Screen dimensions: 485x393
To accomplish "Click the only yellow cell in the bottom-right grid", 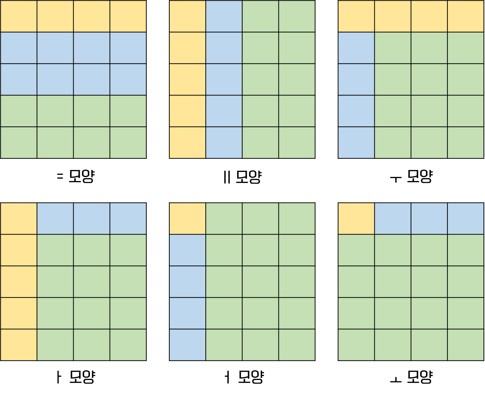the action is (356, 219).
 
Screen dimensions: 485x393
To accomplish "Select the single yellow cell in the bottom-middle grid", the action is (188, 219).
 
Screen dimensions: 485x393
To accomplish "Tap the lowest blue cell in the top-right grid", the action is (356, 142).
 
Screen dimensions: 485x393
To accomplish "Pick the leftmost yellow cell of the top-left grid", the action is (19, 16).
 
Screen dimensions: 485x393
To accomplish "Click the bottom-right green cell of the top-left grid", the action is (128, 142).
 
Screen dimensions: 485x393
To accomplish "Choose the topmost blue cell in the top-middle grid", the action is (224, 16).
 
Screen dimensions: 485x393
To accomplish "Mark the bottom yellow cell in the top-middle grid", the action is (188, 142).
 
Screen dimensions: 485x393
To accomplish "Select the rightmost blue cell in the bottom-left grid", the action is (128, 219).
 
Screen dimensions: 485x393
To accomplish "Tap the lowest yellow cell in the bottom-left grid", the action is (19, 345).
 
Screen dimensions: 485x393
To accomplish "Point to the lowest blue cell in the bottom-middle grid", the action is (188, 345).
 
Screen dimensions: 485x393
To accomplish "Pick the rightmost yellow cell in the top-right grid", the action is (466, 16).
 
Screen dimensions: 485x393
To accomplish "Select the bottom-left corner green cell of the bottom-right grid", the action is (356, 345).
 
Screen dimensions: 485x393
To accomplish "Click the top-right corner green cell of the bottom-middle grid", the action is (297, 219).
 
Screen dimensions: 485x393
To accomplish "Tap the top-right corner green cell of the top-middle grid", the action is (297, 16).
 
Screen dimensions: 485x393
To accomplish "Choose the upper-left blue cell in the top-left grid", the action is (19, 48).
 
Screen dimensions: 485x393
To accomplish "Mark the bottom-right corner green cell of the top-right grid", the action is (466, 142).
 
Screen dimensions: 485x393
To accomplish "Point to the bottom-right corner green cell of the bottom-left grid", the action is (128, 345).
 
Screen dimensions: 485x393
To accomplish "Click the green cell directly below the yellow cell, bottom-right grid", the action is (356, 250).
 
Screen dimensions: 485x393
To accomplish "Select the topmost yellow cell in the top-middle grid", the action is (188, 16).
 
